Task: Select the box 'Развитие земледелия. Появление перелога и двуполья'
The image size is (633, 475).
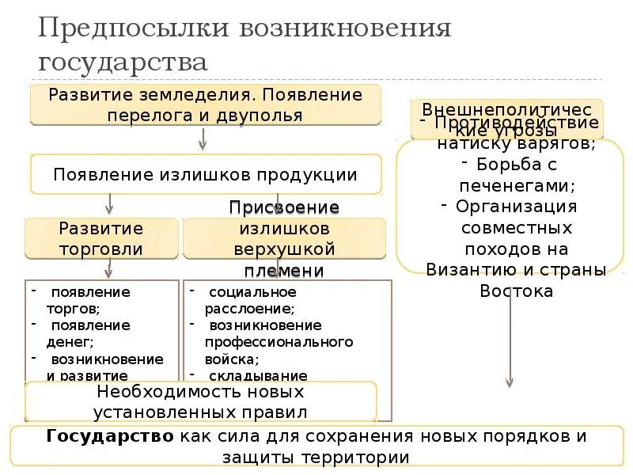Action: coord(205,104)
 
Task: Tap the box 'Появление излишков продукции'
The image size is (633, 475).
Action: coord(205,174)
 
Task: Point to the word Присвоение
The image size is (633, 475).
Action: coord(284,208)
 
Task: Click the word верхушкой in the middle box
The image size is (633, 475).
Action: coord(284,249)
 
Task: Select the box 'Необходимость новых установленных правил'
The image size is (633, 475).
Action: coord(200,401)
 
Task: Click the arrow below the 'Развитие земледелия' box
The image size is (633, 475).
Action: coord(203,139)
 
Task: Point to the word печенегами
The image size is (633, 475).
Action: coord(517,186)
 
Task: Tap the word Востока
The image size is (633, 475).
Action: coord(516,291)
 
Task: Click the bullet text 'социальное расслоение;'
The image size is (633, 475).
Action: coord(250,300)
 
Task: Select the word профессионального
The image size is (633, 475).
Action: coord(279,342)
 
